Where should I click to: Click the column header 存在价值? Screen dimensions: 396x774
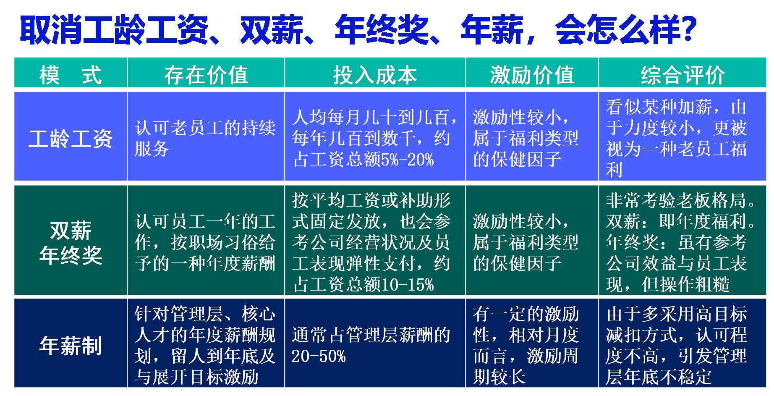click(x=206, y=75)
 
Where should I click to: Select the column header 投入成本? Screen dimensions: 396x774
click(x=375, y=75)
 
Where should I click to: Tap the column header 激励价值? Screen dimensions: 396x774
click(x=532, y=75)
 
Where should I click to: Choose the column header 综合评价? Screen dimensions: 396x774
click(x=682, y=75)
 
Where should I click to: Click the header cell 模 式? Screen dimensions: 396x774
click(x=71, y=75)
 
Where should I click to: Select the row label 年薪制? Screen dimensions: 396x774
click(x=71, y=345)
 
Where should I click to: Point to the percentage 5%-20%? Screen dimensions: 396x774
click(x=407, y=160)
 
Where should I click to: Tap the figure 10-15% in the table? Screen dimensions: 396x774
click(x=407, y=285)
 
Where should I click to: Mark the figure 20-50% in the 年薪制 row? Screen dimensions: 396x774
click(x=319, y=357)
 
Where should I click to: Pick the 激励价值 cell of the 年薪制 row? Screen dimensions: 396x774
click(x=526, y=345)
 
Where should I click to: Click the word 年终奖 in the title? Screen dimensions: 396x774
click(x=382, y=29)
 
